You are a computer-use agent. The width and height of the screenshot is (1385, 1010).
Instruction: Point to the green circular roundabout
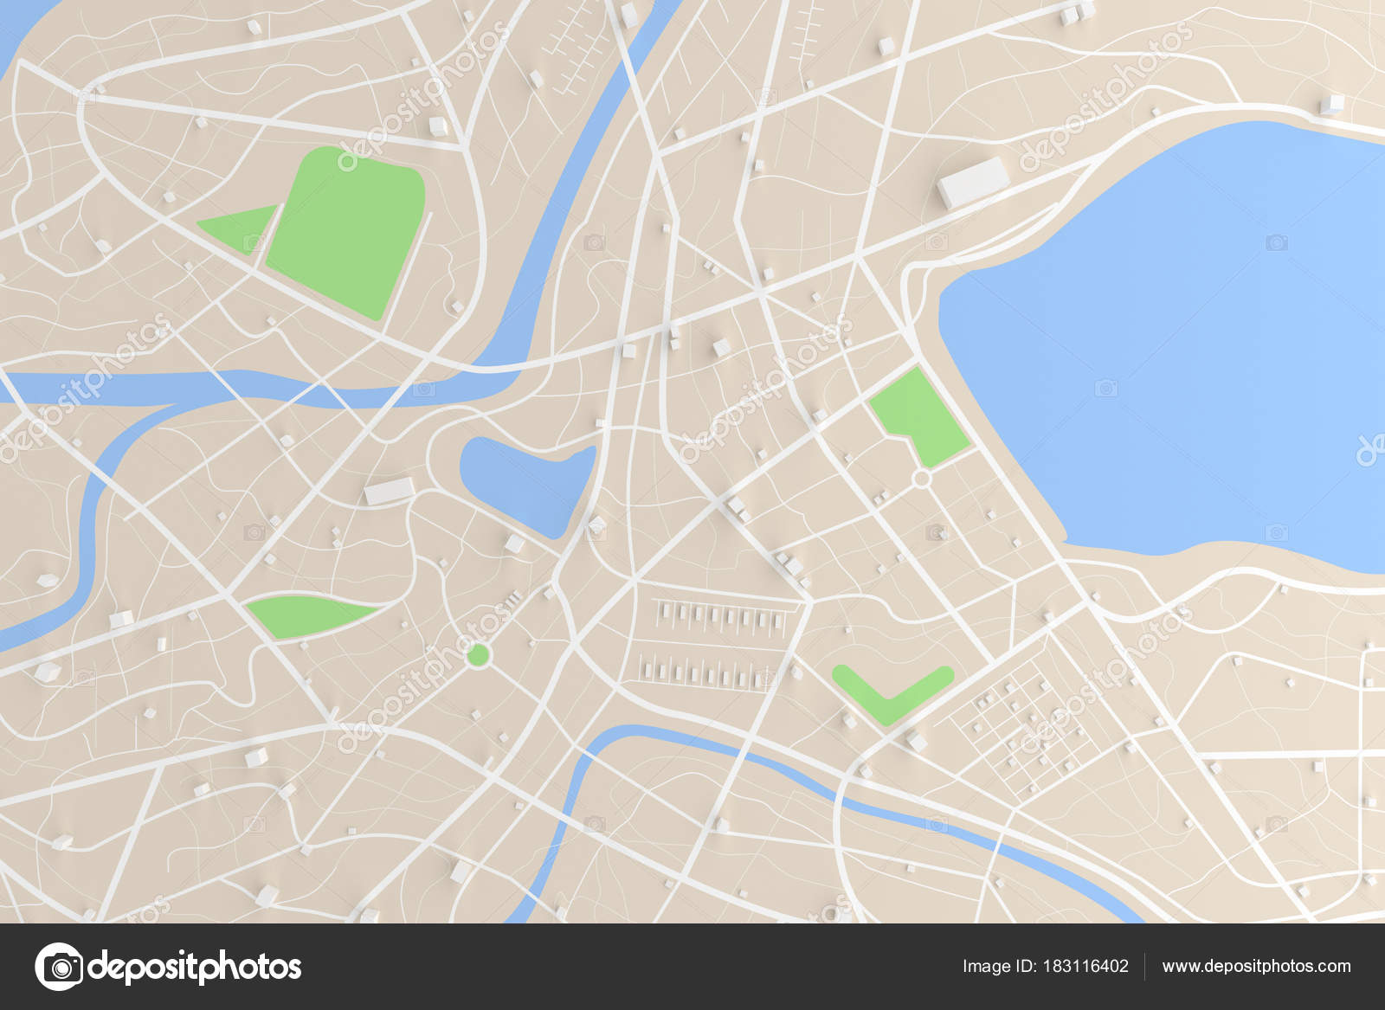(477, 655)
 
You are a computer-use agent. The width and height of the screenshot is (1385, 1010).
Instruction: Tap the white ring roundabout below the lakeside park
(922, 478)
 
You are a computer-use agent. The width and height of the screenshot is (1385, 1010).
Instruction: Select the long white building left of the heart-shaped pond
(389, 492)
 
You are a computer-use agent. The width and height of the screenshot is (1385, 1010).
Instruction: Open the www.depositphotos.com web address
(1256, 966)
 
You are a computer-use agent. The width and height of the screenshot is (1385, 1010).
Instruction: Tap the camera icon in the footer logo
(60, 966)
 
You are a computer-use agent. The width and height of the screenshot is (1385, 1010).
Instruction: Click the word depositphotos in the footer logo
(195, 966)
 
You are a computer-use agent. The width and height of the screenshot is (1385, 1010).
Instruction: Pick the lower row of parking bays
(705, 671)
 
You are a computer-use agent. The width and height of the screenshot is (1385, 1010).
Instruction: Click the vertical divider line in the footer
(1145, 966)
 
